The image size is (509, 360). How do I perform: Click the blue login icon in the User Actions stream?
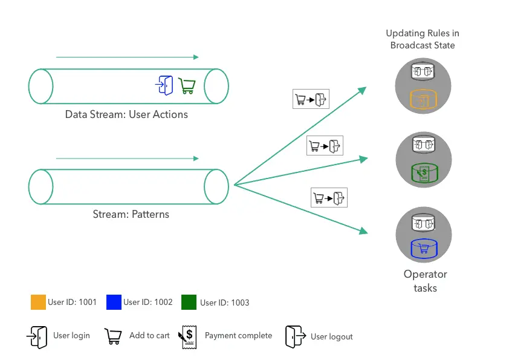coord(164,85)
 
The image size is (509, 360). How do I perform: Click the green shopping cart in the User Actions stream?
coord(187,86)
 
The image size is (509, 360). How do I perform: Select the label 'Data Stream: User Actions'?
coord(126,114)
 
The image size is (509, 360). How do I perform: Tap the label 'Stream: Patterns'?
coord(131,214)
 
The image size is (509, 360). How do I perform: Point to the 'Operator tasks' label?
coord(425,281)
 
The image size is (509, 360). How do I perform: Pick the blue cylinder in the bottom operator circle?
coord(423,248)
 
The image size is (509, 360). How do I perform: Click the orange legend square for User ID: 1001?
coord(38,302)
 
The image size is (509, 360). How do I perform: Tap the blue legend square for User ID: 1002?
coord(114,302)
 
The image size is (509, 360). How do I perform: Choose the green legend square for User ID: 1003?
coord(189,302)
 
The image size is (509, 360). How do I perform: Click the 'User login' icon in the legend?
coord(36,336)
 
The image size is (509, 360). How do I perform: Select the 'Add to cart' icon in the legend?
coord(113,336)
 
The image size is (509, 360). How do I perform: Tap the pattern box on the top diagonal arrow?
coord(311,99)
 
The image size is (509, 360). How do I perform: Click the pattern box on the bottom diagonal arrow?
coord(329,198)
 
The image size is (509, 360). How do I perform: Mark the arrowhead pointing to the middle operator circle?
coord(364,159)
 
